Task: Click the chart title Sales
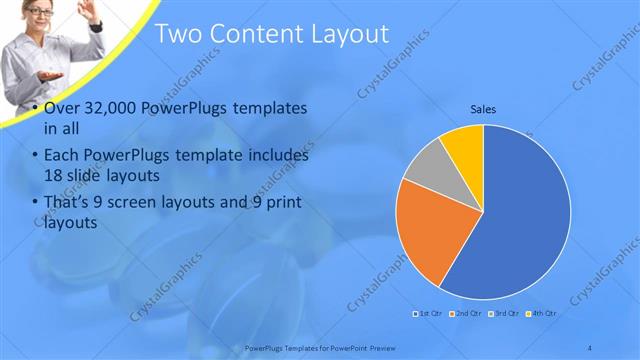[x=484, y=110]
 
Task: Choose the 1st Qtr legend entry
[x=429, y=313]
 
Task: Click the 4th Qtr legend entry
[x=540, y=313]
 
